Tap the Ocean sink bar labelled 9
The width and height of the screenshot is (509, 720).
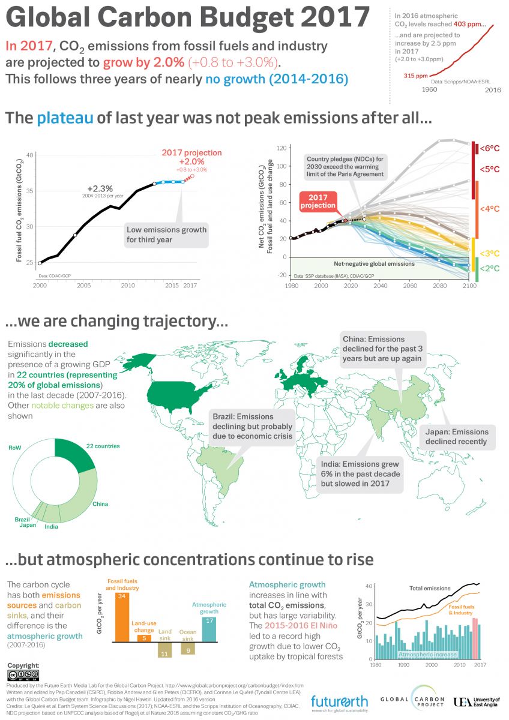pos(188,647)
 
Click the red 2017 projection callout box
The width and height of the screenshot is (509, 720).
pos(318,202)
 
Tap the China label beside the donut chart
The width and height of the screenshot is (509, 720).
pos(100,504)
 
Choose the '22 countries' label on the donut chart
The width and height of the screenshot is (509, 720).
pos(103,446)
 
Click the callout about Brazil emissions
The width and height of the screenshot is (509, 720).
pos(251,426)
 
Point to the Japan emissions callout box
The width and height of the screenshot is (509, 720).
pos(457,437)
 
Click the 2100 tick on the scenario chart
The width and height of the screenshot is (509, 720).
pos(469,286)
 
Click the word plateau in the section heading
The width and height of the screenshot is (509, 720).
pos(65,118)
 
